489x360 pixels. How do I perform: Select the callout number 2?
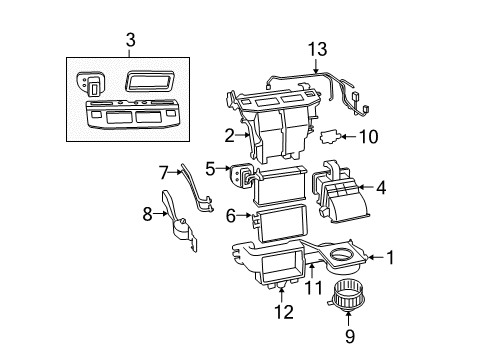(x=228, y=135)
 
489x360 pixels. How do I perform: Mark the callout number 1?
(x=391, y=259)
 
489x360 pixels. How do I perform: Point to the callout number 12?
(x=285, y=313)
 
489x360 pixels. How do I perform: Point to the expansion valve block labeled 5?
(x=241, y=176)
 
